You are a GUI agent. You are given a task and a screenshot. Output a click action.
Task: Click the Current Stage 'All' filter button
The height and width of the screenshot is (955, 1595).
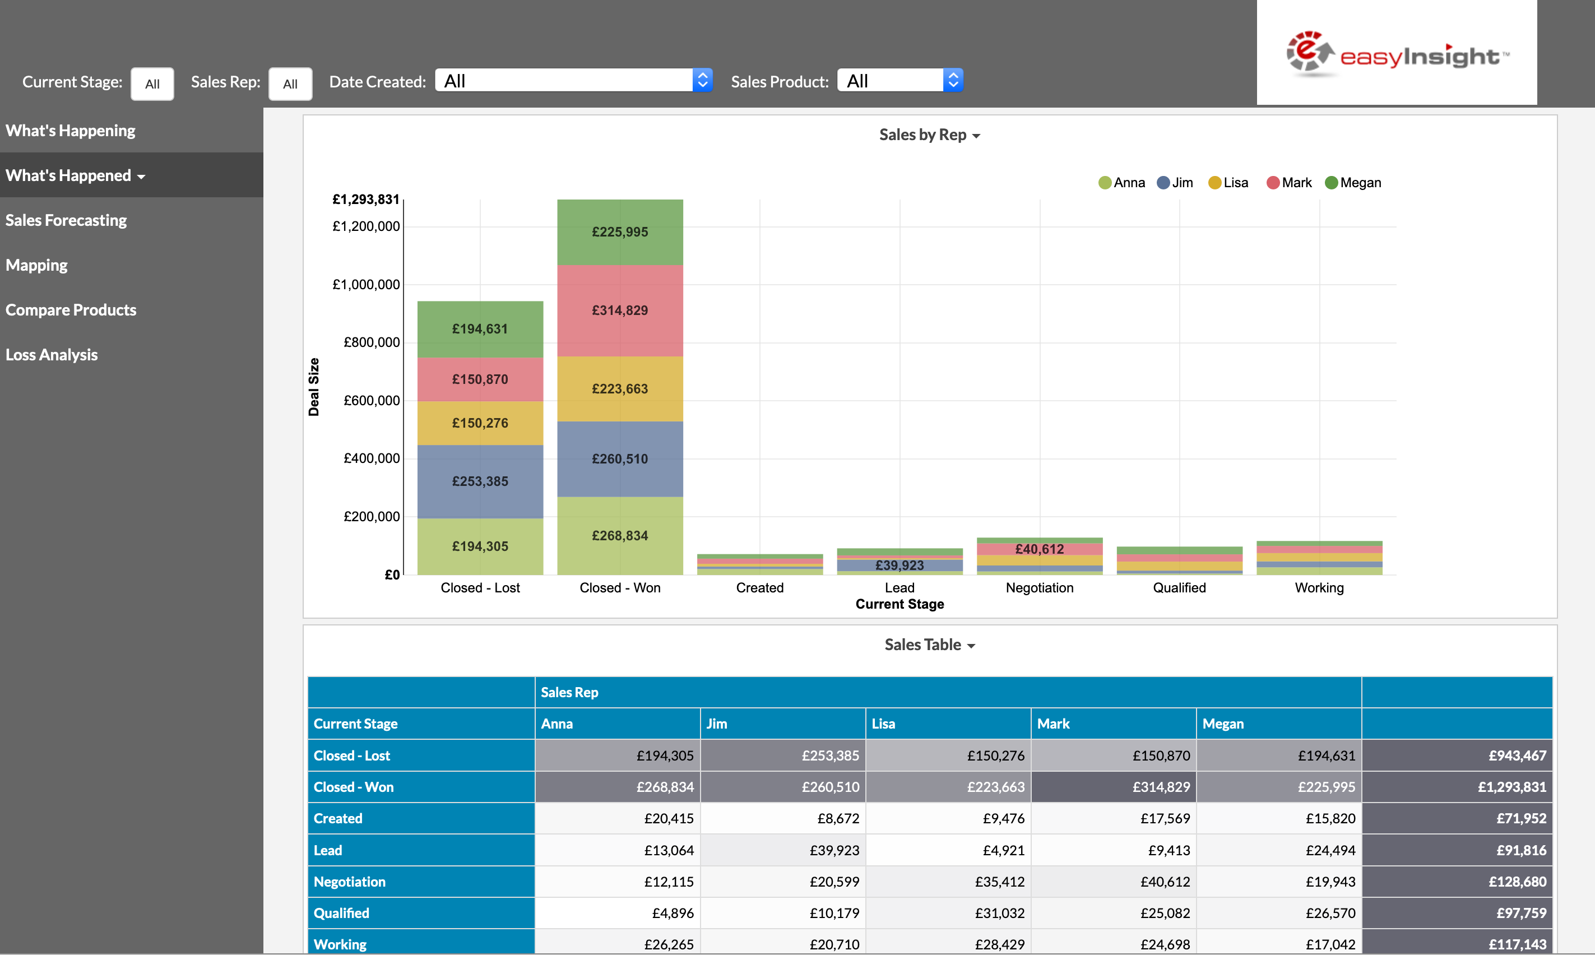[152, 84]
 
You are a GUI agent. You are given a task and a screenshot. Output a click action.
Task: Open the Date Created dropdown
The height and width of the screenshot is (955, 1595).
[573, 81]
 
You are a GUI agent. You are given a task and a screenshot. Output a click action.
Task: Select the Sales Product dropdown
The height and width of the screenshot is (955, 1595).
[899, 81]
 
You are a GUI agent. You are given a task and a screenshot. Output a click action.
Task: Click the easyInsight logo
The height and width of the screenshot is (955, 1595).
[1396, 55]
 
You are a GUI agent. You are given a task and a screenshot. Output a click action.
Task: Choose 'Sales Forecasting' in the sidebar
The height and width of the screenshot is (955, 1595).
[66, 220]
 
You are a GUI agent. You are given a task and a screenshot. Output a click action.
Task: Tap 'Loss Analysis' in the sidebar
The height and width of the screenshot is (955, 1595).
[52, 355]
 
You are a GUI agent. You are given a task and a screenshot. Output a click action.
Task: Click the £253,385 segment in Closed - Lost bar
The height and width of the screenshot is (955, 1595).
[480, 481]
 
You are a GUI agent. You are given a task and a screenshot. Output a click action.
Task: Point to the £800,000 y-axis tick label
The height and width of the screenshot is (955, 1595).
[371, 342]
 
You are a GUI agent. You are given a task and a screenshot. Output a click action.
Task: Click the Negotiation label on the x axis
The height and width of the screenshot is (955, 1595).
[1039, 587]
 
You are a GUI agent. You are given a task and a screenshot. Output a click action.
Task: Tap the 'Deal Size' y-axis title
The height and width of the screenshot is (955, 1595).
[314, 387]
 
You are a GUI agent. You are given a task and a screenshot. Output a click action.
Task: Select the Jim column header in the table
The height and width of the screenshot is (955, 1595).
[717, 724]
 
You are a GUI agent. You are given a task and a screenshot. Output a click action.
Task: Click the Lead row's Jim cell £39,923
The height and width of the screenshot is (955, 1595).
[834, 850]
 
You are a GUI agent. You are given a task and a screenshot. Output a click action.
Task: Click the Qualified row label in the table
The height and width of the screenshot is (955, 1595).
[341, 912]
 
